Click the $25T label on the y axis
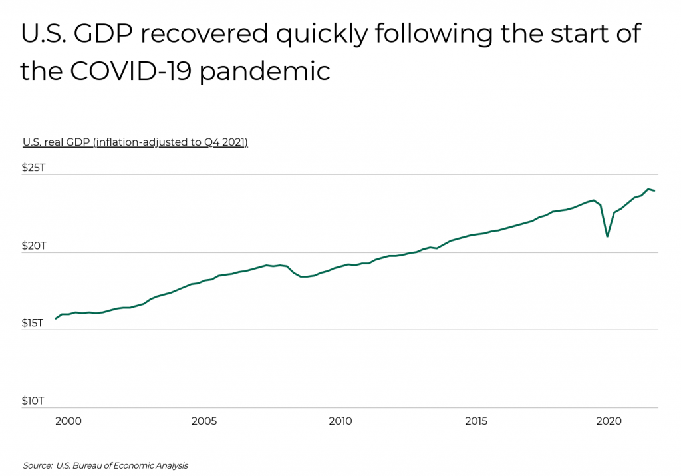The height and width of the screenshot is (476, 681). coord(34,168)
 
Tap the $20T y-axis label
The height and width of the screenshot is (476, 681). coord(34,246)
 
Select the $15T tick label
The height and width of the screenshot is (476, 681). coord(33,323)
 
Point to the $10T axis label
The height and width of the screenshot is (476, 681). coord(33,401)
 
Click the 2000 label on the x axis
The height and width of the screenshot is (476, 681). coord(68,421)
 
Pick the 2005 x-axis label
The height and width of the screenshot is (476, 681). coord(204,421)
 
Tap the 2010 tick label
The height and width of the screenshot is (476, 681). coord(340,421)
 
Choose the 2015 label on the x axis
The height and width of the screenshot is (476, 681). coord(476,421)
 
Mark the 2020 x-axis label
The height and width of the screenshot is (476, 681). coord(609,421)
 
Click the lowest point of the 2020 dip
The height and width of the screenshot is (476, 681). coord(607,236)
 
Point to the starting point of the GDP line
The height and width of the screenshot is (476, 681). coord(56,319)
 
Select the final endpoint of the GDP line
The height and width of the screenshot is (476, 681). coord(655,191)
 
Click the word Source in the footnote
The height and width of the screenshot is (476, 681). coord(37,465)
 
